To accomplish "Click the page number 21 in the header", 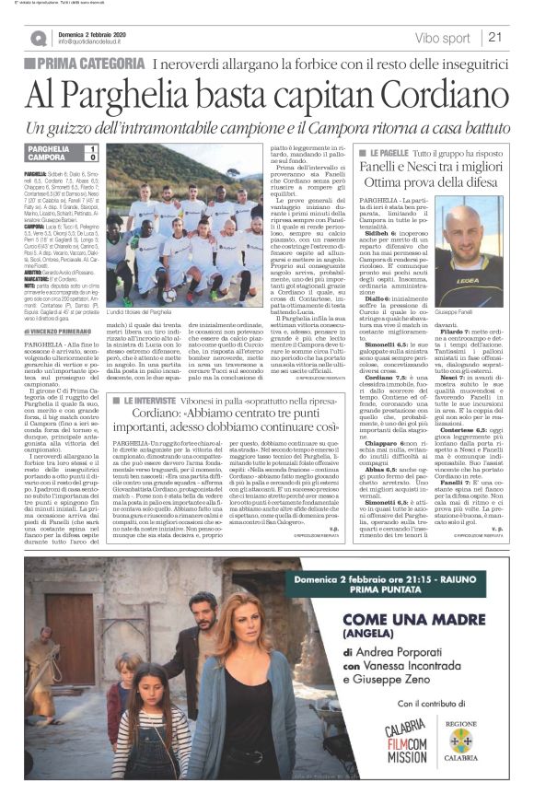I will coord(493,38).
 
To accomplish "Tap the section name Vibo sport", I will coord(442,39).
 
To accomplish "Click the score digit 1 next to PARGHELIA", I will coord(91,149).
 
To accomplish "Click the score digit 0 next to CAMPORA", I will coord(91,158).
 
